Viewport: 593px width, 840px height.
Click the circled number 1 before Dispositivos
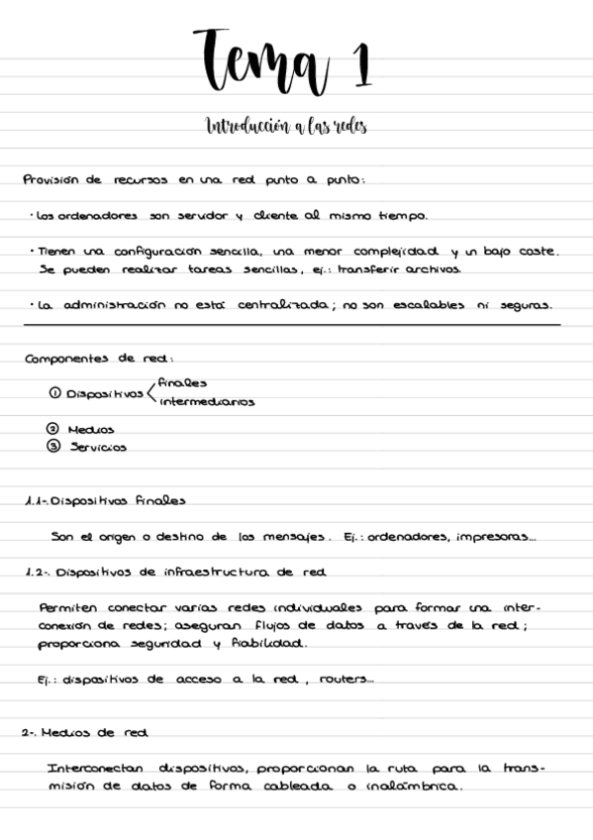54,393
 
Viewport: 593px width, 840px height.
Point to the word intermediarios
206,402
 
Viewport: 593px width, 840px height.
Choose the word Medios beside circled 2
91,430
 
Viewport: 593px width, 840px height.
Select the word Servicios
98,448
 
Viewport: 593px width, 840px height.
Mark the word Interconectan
95,769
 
